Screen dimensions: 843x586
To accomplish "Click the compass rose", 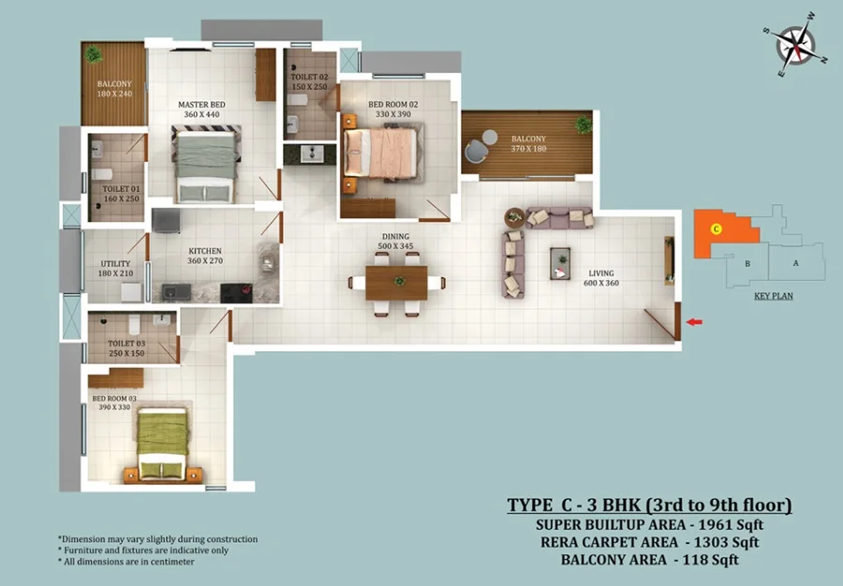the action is point(795,45).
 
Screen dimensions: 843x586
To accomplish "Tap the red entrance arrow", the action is point(694,322).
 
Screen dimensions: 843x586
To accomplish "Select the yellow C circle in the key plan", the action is point(716,229).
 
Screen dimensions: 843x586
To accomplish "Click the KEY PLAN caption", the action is point(773,296).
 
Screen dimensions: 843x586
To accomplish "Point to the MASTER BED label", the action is point(201,105).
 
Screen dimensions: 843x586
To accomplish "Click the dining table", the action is point(397,283).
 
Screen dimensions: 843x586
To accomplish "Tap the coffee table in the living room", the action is point(560,263).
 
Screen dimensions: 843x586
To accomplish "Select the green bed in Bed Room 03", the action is point(162,444).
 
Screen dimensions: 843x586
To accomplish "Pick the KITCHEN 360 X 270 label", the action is point(205,256).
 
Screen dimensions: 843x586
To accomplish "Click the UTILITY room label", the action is point(115,264).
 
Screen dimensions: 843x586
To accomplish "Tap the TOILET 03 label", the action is point(126,344).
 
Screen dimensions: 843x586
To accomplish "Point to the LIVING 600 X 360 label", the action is point(601,278).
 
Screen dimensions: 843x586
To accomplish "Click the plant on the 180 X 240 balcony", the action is point(94,54).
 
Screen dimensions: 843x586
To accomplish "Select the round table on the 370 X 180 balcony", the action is point(490,138).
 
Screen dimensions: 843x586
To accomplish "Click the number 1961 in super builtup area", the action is point(715,524).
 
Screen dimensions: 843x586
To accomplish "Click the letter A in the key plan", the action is point(795,263).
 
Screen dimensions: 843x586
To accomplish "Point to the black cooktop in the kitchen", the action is point(236,293).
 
